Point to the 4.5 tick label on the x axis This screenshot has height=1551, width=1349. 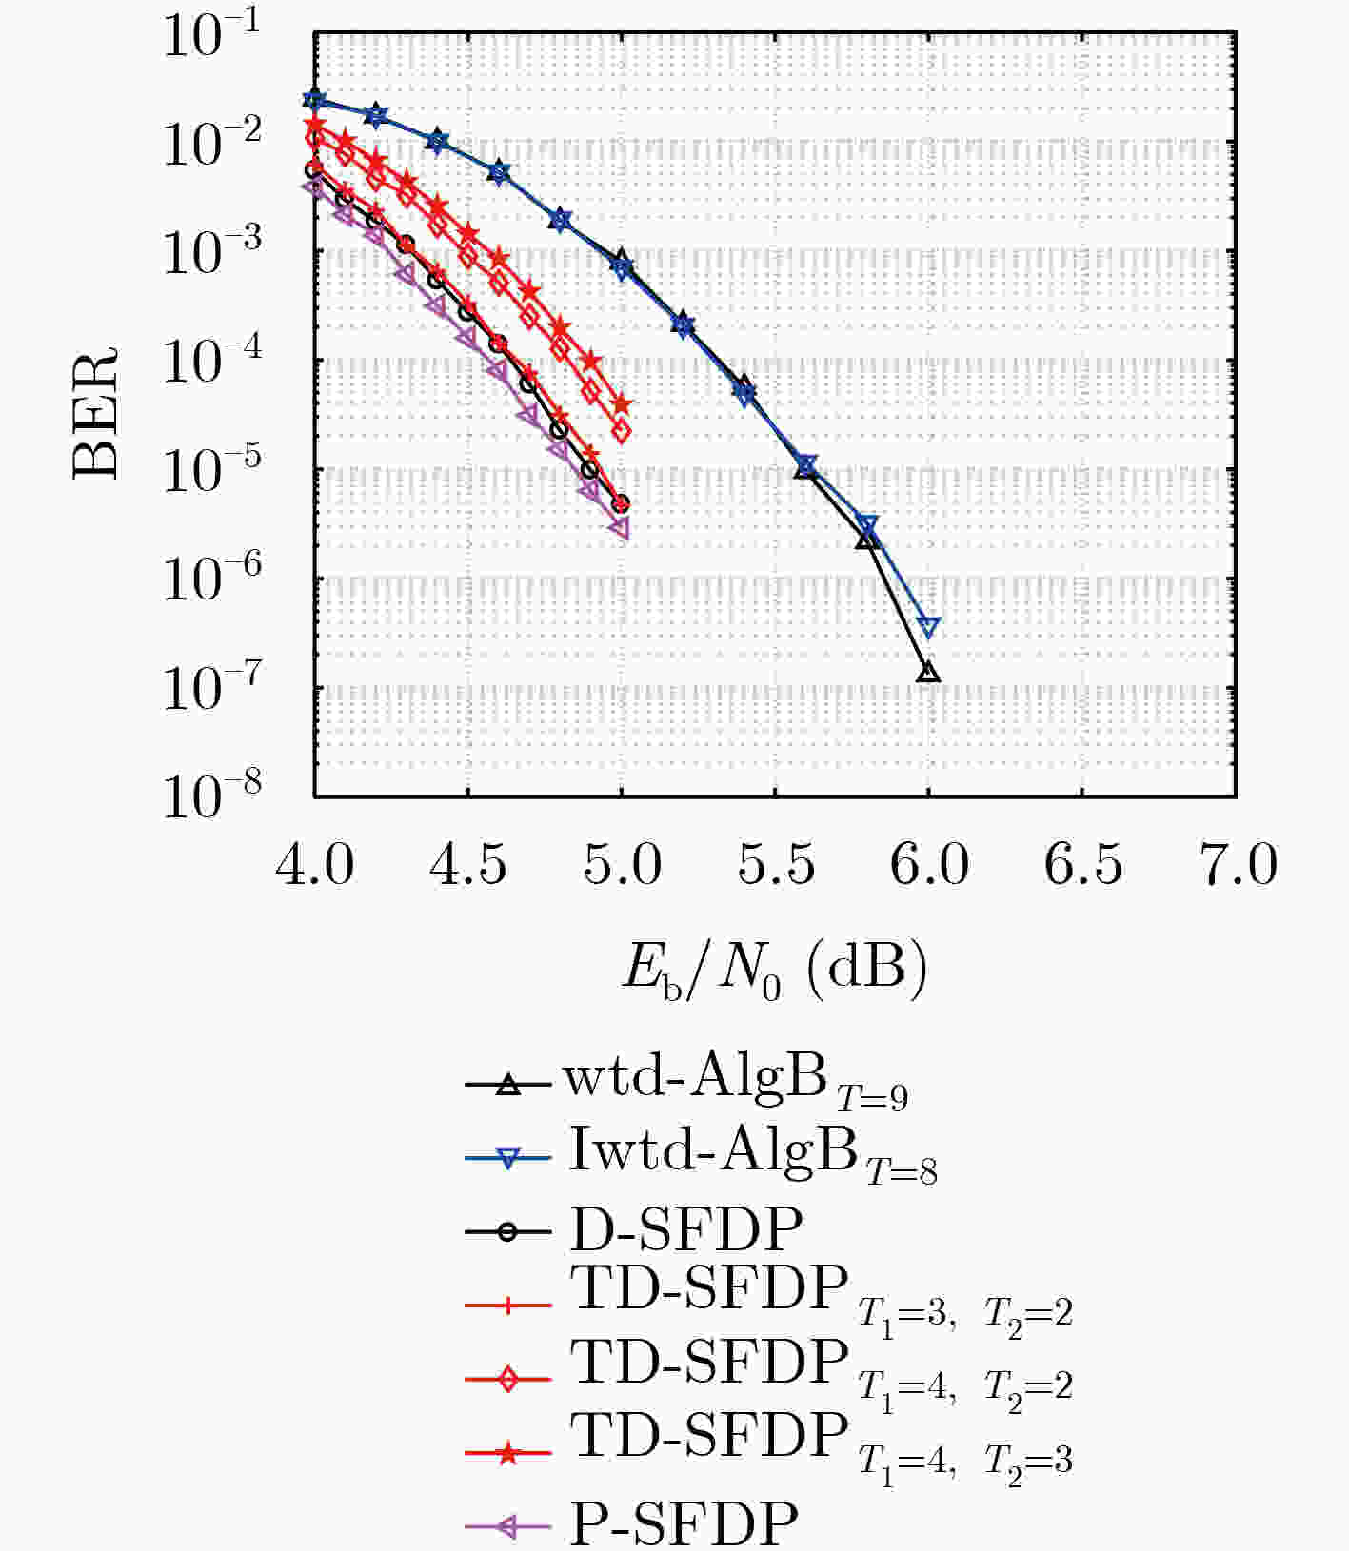click(469, 866)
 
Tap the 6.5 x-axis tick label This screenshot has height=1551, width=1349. click(1083, 866)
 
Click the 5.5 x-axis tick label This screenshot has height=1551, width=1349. click(777, 866)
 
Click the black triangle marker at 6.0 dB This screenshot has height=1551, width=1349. click(928, 673)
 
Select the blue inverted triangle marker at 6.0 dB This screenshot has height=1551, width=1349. click(929, 627)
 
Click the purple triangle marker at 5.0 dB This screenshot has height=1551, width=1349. click(620, 528)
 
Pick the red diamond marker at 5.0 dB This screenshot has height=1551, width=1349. click(621, 431)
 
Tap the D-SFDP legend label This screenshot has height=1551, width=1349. click(685, 1229)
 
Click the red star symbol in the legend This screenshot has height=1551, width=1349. click(508, 1453)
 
